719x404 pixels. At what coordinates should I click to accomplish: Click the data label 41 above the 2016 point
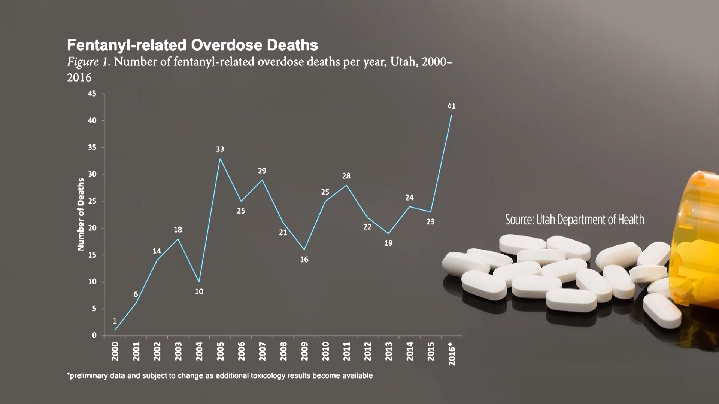coord(451,106)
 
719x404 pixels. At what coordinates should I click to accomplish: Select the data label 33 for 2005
coord(220,149)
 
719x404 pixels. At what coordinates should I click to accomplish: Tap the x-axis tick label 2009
coord(304,351)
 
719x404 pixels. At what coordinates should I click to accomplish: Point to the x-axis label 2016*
coord(452,353)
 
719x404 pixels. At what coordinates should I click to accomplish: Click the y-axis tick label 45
coord(92,94)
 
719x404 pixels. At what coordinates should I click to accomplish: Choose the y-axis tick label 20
coord(92,228)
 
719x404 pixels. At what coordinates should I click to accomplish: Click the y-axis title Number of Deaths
coord(81,214)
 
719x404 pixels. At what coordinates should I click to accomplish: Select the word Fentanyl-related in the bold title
coord(127,45)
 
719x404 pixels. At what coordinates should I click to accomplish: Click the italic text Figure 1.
coord(88,62)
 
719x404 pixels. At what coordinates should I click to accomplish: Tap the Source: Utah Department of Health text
coord(574,219)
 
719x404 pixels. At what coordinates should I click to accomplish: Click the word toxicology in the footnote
coord(268,376)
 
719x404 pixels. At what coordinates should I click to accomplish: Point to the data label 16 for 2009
coord(304,259)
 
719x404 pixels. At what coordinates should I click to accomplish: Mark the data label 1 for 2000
coord(115,321)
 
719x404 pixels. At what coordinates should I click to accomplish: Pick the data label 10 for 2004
coord(199,291)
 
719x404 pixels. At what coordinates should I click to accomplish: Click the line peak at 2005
coord(220,159)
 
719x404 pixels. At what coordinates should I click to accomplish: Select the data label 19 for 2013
coord(388,243)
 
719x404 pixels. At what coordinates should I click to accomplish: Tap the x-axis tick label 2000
coord(115,351)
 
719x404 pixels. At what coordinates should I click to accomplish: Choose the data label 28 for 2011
coord(346,176)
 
